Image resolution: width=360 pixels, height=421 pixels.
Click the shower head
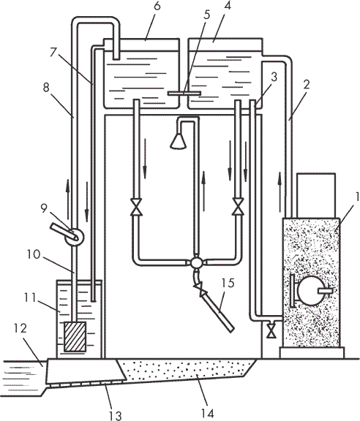pos(178,141)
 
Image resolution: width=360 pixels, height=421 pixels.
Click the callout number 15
pos(228,283)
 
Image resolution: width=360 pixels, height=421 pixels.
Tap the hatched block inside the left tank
pos(75,337)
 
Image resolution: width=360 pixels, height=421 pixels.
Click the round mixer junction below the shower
pos(197,262)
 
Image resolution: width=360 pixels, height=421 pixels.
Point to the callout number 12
pos(20,328)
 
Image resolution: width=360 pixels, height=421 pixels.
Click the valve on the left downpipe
pos(136,207)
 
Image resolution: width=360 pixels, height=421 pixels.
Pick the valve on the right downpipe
pos(239,206)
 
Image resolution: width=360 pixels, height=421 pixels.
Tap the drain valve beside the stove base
pos(272,331)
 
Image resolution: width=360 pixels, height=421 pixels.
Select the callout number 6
pos(157,6)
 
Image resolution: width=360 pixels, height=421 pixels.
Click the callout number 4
pos(227,6)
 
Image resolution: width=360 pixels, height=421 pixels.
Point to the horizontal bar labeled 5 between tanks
pos(184,93)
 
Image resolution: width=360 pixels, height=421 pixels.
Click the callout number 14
pos(207,413)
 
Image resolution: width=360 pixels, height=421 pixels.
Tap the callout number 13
pos(116,415)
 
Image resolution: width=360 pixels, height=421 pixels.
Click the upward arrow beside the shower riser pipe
pos(204,191)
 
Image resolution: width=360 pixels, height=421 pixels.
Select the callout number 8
pos(46,87)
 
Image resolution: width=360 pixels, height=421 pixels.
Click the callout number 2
pos(307,85)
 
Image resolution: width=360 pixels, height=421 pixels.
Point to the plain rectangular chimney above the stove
pos(316,195)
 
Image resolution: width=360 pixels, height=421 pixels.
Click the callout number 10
pos(34,254)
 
